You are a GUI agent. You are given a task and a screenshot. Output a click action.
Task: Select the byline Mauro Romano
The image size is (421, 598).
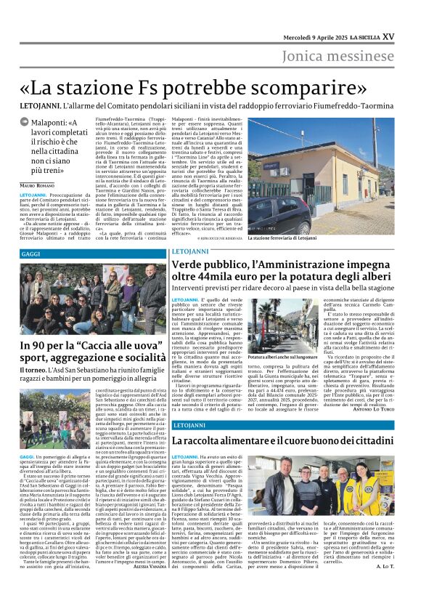(x=36, y=188)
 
